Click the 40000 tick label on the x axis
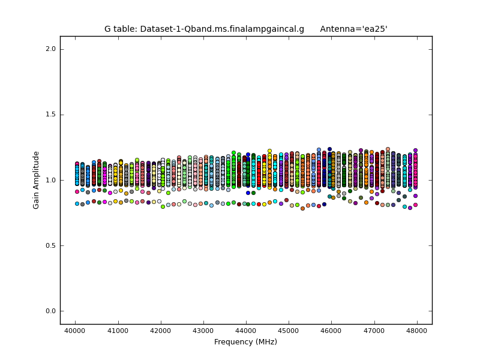pyautogui.click(x=75, y=331)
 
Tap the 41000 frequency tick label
pyautogui.click(x=118, y=331)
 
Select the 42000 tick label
pyautogui.click(x=160, y=331)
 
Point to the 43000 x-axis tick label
pyautogui.click(x=203, y=331)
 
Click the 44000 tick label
pyautogui.click(x=246, y=331)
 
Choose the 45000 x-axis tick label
pyautogui.click(x=289, y=331)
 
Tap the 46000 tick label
pyautogui.click(x=332, y=331)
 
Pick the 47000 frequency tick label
pyautogui.click(x=374, y=331)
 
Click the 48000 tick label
pyautogui.click(x=417, y=331)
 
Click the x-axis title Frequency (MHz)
pyautogui.click(x=245, y=342)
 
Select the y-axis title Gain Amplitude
pyautogui.click(x=37, y=180)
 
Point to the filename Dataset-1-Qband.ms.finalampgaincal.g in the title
pyautogui.click(x=221, y=29)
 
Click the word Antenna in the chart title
pyautogui.click(x=338, y=29)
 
